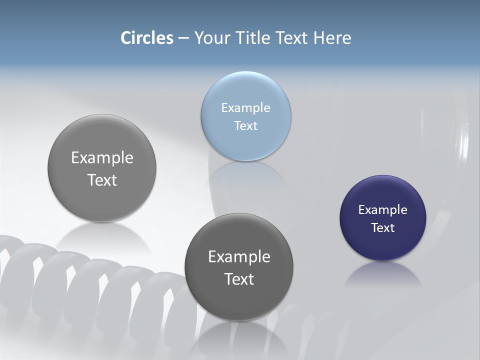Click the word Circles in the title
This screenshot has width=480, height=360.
pyautogui.click(x=147, y=38)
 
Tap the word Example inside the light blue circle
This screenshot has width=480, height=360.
pyautogui.click(x=246, y=107)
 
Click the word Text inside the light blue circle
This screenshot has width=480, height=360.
pyautogui.click(x=246, y=125)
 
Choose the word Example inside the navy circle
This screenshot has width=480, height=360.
pyautogui.click(x=383, y=209)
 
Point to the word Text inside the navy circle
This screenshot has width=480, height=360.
pyautogui.click(x=383, y=227)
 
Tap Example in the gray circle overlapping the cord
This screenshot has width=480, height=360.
pyautogui.click(x=239, y=256)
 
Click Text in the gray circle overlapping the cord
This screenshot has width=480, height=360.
pyautogui.click(x=239, y=279)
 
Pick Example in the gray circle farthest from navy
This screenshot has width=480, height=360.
pyautogui.click(x=102, y=157)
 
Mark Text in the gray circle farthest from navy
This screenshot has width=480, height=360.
pyautogui.click(x=102, y=180)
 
